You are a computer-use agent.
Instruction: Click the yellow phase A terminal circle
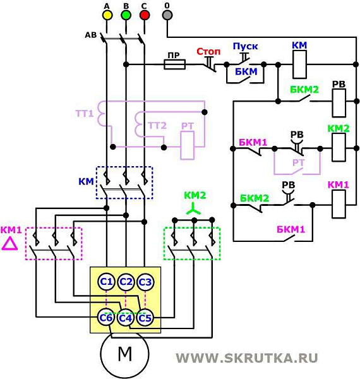[x=107, y=15]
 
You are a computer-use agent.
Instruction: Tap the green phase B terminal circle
[x=126, y=15]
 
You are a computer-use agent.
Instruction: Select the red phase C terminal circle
[x=145, y=15]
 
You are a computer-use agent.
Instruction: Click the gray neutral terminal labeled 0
[x=167, y=15]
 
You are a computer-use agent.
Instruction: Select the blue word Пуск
[x=245, y=47]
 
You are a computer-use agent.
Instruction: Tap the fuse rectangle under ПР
[x=174, y=64]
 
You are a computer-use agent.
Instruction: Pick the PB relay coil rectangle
[x=339, y=101]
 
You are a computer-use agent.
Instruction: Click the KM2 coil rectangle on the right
[x=339, y=149]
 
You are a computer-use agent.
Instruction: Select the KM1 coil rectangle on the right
[x=339, y=204]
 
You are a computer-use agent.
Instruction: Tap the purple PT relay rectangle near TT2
[x=188, y=147]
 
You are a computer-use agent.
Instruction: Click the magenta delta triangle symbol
[x=9, y=244]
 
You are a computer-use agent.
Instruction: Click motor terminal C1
[x=106, y=281]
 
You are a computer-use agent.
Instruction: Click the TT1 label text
[x=85, y=114]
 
